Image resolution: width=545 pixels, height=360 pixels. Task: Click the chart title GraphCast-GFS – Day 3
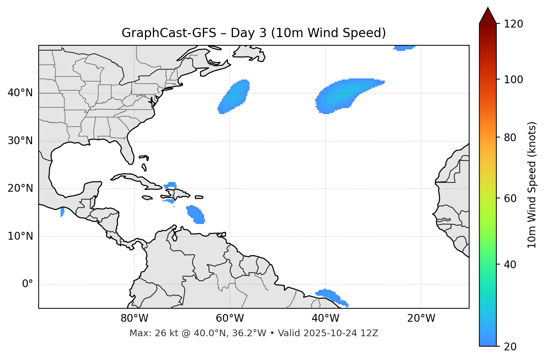pos(254,33)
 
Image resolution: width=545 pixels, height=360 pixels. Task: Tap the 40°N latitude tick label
pos(20,93)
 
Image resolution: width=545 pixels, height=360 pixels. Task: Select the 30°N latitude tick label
pos(20,141)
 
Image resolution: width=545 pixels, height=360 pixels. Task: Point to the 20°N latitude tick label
pos(20,188)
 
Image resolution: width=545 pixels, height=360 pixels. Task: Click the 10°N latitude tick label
pos(20,236)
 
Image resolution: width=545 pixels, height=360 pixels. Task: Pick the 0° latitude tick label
pos(28,284)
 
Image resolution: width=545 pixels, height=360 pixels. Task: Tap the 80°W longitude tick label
pos(135,318)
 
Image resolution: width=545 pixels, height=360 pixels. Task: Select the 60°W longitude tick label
pos(230,318)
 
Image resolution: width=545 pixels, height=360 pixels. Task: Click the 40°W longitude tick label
pos(326,318)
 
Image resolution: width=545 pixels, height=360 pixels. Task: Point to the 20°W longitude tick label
pos(421,318)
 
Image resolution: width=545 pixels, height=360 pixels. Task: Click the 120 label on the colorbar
pos(513,24)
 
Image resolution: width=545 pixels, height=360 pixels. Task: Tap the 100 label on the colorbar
pos(513,80)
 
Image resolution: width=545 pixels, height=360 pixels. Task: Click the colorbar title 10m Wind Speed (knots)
pos(532,185)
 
